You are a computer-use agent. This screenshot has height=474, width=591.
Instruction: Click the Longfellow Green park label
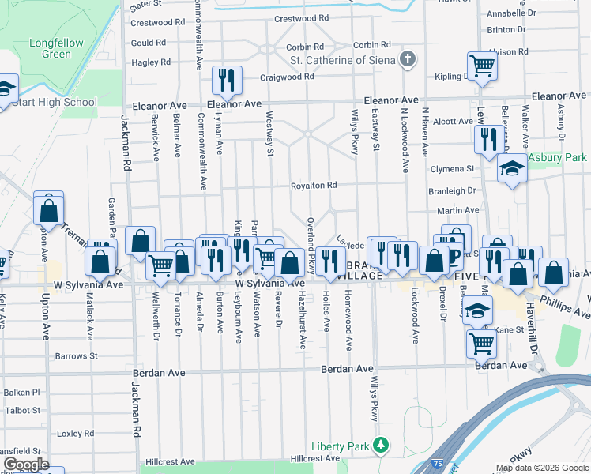pyautogui.click(x=50, y=48)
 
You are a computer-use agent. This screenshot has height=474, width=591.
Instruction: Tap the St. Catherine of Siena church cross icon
pyautogui.click(x=407, y=59)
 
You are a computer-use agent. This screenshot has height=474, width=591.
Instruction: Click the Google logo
pyautogui.click(x=25, y=465)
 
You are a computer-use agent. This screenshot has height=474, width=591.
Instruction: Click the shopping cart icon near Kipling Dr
pyautogui.click(x=482, y=65)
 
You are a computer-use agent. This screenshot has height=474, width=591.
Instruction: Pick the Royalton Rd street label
pyautogui.click(x=314, y=186)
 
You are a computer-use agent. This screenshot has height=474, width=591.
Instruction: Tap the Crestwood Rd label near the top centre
pyautogui.click(x=301, y=18)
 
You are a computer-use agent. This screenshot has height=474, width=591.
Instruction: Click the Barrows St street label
pyautogui.click(x=76, y=356)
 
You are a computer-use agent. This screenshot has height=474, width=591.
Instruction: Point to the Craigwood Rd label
pyautogui.click(x=288, y=77)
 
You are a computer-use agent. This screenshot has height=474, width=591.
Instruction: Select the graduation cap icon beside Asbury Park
pyautogui.click(x=512, y=168)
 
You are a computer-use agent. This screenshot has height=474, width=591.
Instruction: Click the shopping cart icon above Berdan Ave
pyautogui.click(x=482, y=343)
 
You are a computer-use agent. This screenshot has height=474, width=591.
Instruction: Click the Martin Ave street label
pyautogui.click(x=458, y=211)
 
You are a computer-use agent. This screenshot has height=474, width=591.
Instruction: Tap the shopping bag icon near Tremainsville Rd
pyautogui.click(x=49, y=211)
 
